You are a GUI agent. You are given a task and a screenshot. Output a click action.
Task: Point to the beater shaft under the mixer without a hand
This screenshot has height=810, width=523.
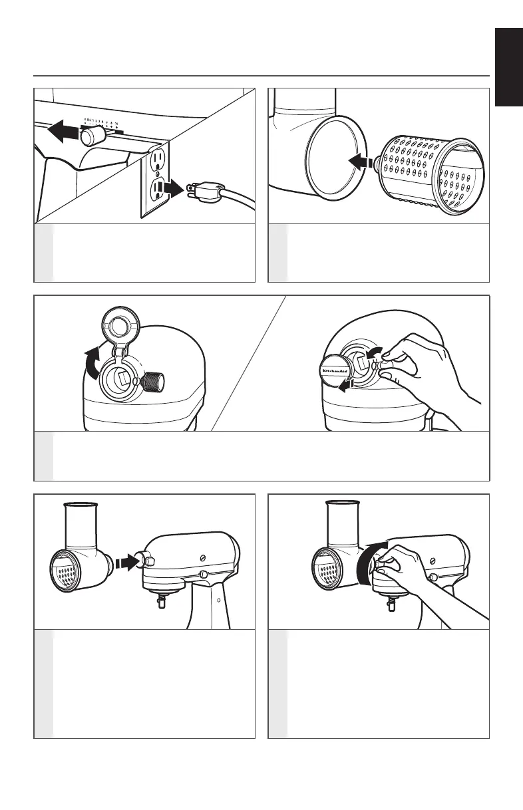point(161,603)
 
